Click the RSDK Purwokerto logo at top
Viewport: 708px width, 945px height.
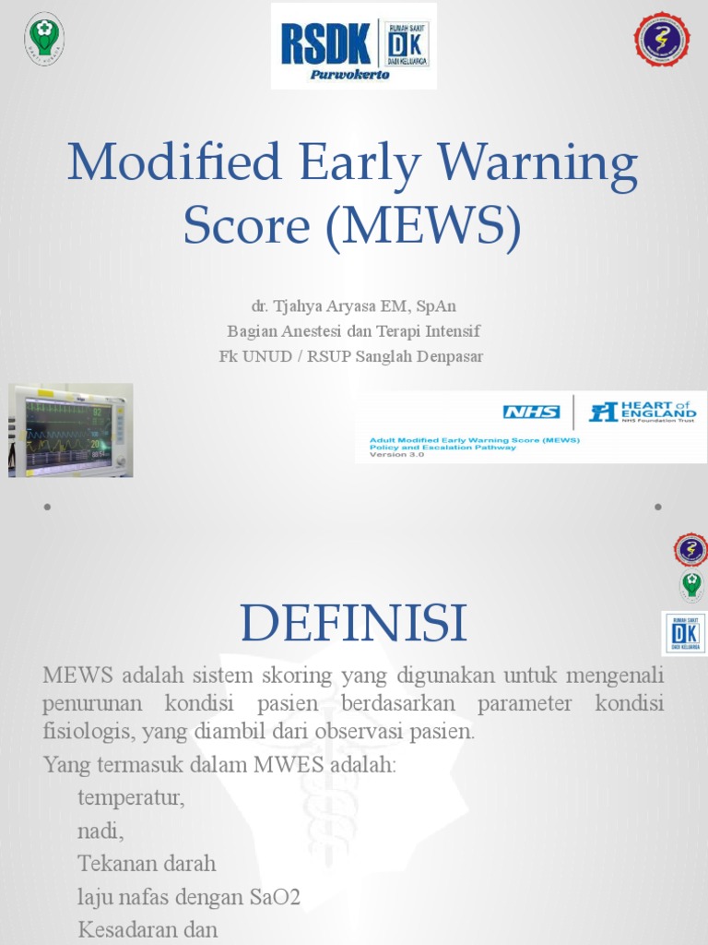[x=353, y=46]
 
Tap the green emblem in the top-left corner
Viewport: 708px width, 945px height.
[x=43, y=39]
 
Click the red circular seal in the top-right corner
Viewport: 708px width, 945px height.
[x=661, y=39]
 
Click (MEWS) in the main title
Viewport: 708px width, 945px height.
[x=423, y=224]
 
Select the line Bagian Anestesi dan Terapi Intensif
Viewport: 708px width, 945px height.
[x=353, y=330]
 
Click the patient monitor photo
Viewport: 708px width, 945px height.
[x=71, y=430]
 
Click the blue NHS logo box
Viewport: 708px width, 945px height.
[x=531, y=412]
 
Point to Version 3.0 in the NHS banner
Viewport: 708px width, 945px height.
[x=397, y=455]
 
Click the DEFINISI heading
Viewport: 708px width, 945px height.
[x=353, y=624]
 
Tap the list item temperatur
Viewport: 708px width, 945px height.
[x=131, y=797]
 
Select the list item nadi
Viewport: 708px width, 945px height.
[x=100, y=831]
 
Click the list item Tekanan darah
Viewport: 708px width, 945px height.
[x=147, y=864]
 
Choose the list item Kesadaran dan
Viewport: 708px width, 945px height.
[x=147, y=929]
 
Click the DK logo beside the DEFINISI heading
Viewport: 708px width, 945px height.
[x=684, y=633]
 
